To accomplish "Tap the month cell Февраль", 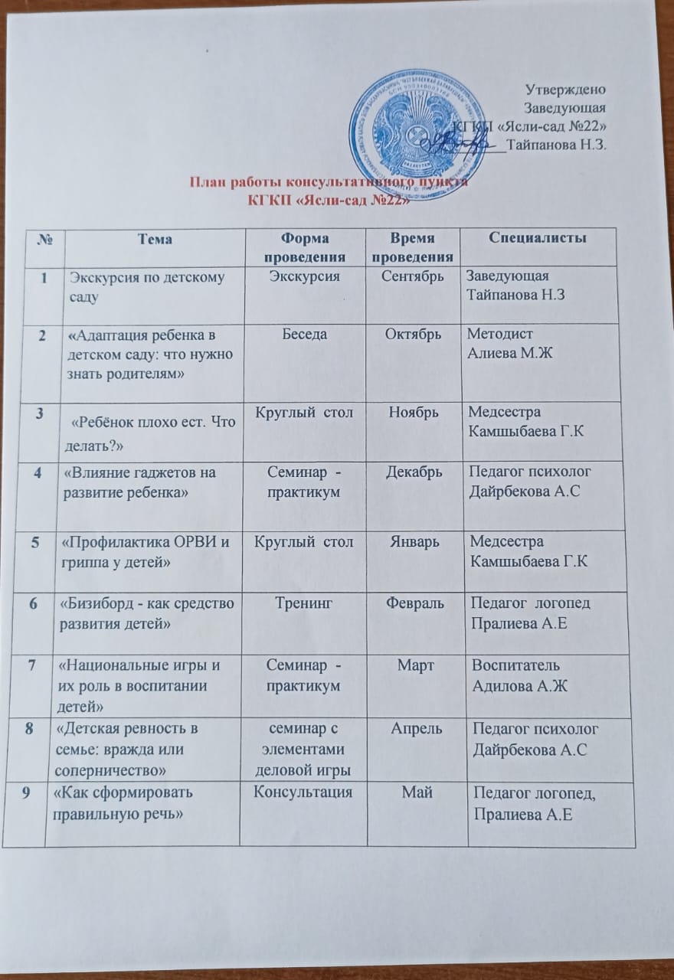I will pos(415,603).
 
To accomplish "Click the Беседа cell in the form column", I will pos(305,335).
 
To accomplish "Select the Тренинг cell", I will pos(305,603).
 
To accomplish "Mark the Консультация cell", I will pos(305,793).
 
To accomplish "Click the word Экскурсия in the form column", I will pos(305,277).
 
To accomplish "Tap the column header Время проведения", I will pos(415,247).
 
